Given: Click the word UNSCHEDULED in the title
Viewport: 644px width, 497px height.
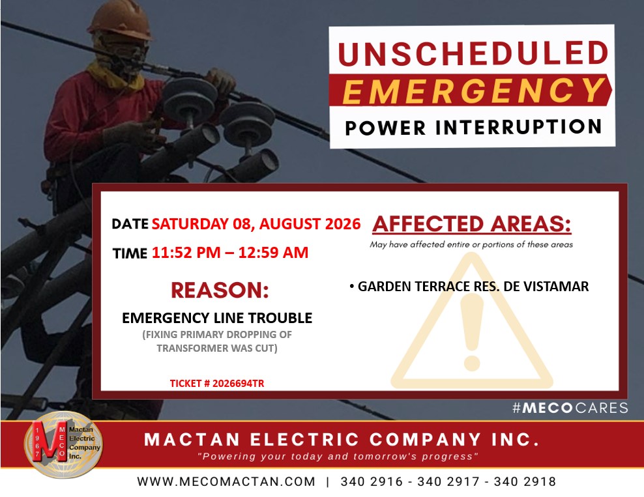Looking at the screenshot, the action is (x=473, y=53).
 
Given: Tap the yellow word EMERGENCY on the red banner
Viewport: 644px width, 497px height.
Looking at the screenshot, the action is (x=473, y=91).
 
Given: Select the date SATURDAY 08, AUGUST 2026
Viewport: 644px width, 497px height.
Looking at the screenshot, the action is (x=256, y=223).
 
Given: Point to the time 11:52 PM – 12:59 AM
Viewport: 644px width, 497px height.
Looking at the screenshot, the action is (x=230, y=252).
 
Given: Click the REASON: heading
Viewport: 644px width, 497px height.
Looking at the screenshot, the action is (x=220, y=290).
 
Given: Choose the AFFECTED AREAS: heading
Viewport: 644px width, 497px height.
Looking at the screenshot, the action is (x=472, y=224).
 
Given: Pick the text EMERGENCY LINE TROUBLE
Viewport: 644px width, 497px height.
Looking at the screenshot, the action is (x=217, y=318).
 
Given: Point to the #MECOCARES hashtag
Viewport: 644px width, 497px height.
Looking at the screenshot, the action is (x=570, y=408).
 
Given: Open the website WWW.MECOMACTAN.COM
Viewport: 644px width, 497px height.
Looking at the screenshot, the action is (x=226, y=481).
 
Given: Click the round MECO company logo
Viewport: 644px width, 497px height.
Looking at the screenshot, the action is (x=64, y=444).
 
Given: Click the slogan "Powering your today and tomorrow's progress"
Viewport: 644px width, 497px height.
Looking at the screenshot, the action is (x=338, y=457).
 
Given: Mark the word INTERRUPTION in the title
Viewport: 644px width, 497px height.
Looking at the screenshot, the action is (x=518, y=127).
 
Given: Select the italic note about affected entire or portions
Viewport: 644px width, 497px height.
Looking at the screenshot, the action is (x=471, y=245).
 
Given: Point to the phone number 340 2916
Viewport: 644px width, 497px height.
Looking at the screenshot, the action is (x=372, y=481).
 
